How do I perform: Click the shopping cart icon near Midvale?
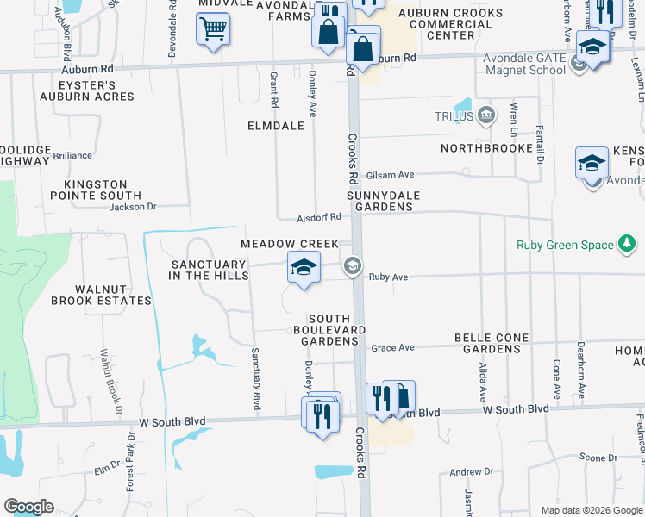(x=212, y=29)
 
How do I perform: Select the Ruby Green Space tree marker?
(x=628, y=245)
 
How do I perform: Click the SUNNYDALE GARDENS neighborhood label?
(x=383, y=201)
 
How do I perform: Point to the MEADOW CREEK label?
(x=290, y=245)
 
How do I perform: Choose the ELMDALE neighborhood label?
(x=275, y=126)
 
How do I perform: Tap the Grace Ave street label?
(x=393, y=348)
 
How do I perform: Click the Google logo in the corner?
(x=28, y=507)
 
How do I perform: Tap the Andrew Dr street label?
(x=471, y=472)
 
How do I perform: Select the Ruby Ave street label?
(x=387, y=277)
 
